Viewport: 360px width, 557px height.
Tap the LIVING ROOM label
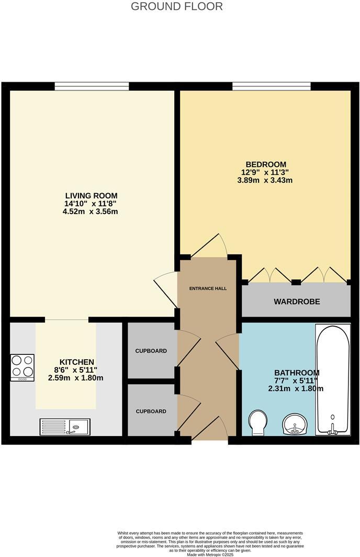click(x=87, y=196)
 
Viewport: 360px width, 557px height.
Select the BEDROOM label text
click(x=264, y=164)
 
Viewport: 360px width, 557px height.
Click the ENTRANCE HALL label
click(x=208, y=288)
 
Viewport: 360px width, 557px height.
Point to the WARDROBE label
click(x=297, y=302)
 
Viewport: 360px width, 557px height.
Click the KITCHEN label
click(x=76, y=362)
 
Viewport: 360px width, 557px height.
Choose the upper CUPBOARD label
click(x=151, y=351)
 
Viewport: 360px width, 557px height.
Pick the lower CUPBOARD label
click(x=151, y=411)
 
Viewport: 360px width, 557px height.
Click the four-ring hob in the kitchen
click(x=22, y=366)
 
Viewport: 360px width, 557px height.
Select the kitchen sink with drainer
click(x=65, y=427)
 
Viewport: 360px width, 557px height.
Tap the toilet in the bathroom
click(x=257, y=422)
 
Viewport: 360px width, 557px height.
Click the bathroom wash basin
click(x=295, y=424)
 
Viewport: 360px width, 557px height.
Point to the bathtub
click(x=332, y=380)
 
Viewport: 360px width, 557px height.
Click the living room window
click(x=92, y=86)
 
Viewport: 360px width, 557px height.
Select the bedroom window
click(x=271, y=86)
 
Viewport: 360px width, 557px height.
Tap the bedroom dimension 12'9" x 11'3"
click(x=264, y=172)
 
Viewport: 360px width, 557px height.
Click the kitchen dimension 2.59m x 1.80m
click(x=76, y=378)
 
